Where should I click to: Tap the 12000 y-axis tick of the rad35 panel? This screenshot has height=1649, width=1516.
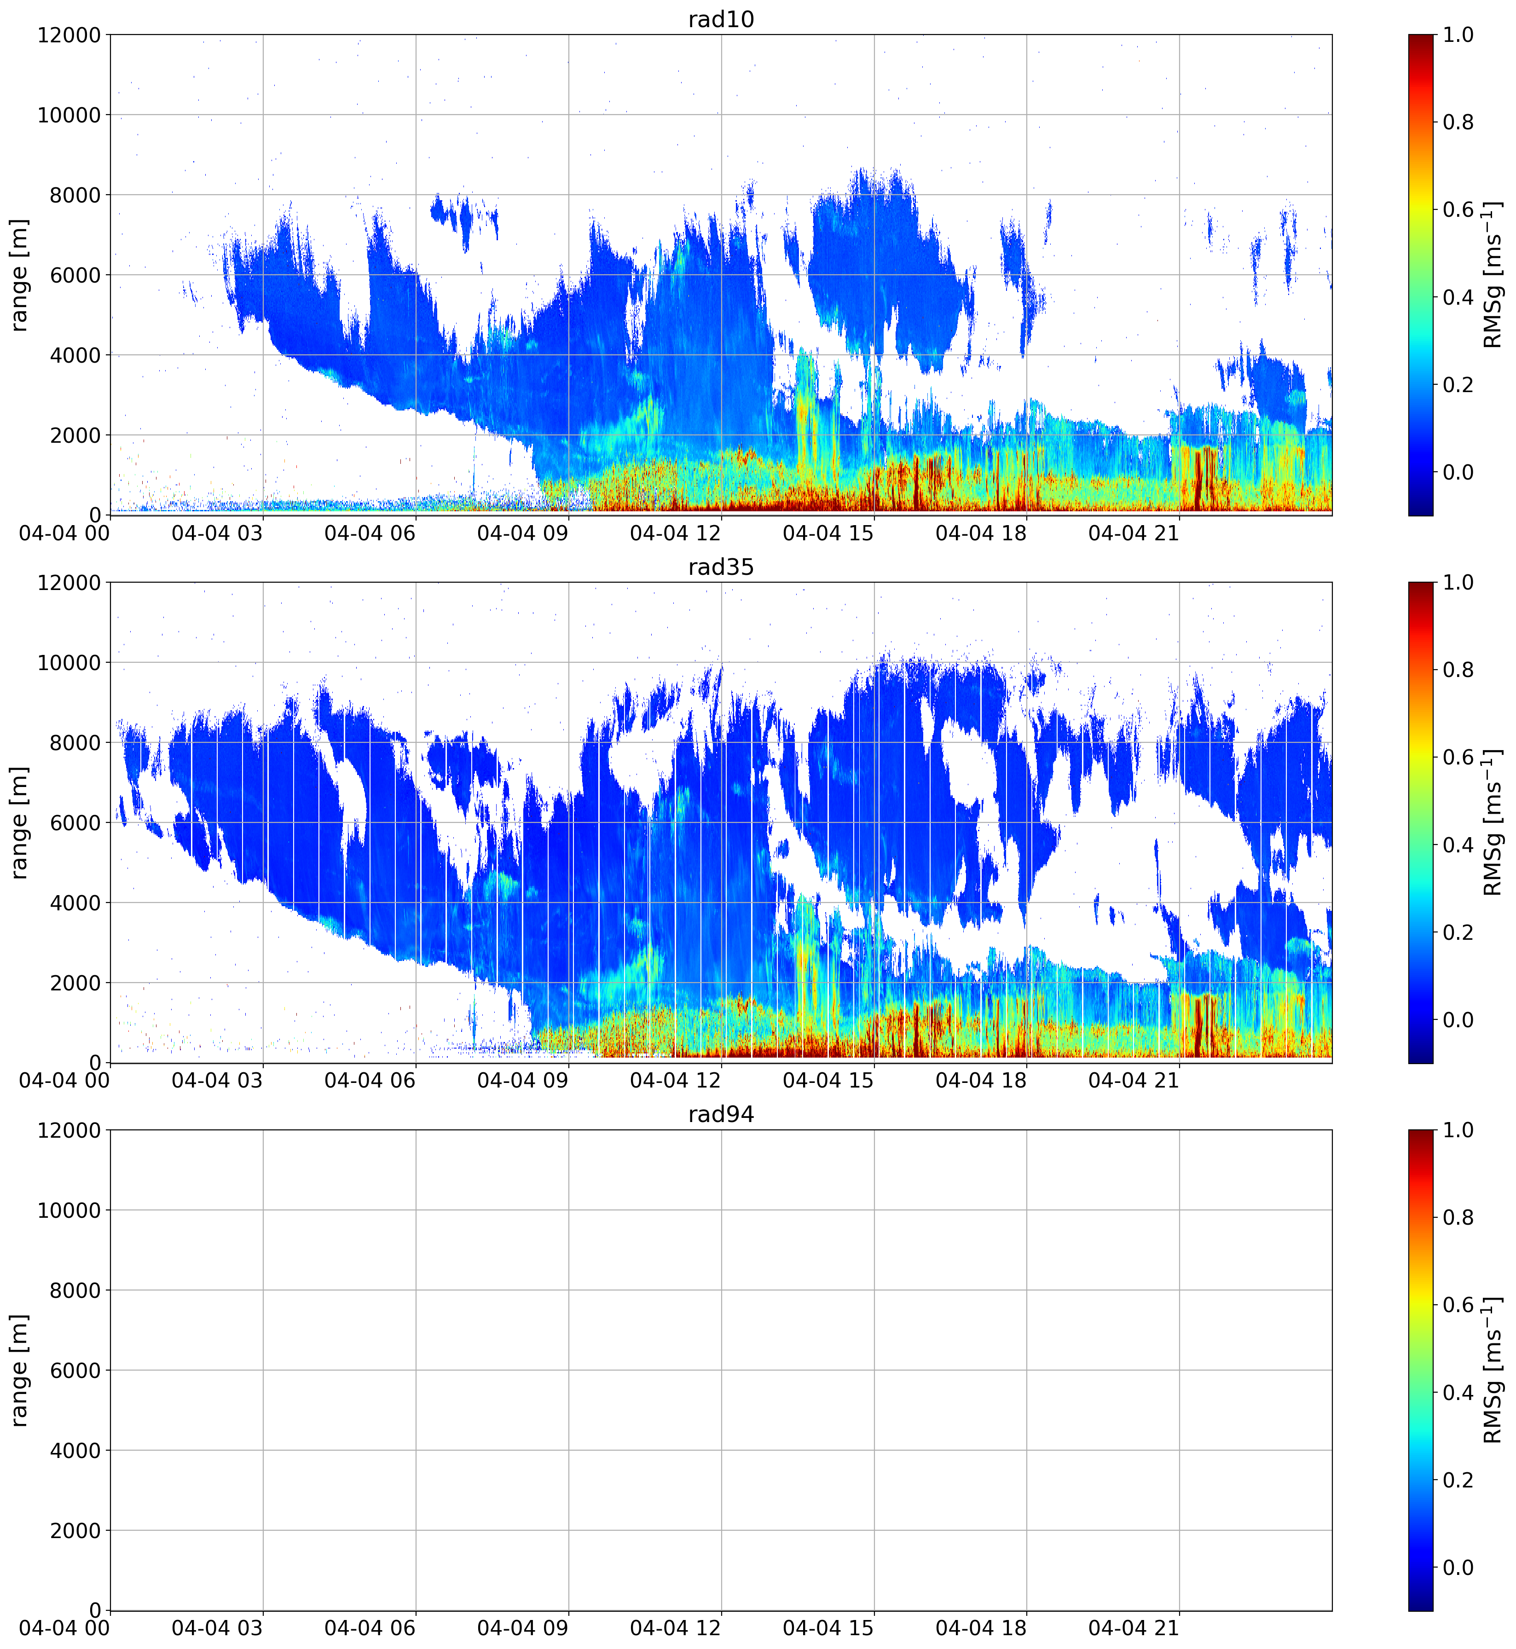[70, 583]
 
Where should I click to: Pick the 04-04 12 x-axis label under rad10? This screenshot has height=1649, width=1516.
[675, 533]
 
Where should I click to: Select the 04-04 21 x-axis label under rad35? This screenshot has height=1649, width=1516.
[1134, 1081]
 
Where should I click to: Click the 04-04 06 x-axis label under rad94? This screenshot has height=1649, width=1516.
[370, 1628]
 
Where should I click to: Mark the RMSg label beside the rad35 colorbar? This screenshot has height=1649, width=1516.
[1493, 823]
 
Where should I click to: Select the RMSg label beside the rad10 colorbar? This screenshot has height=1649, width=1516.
[1493, 275]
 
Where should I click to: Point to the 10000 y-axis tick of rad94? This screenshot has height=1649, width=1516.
[70, 1210]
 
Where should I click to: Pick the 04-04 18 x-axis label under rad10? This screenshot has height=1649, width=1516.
[981, 533]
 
